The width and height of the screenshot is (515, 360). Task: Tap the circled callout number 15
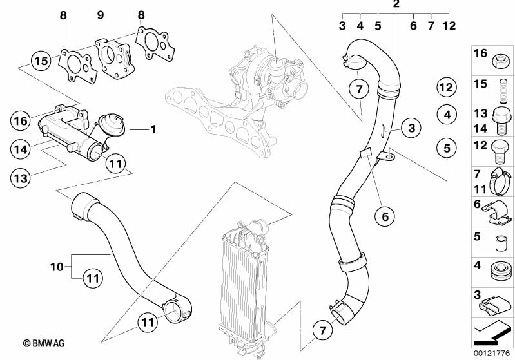pyautogui.click(x=41, y=61)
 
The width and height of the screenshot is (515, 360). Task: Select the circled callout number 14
pyautogui.click(x=20, y=149)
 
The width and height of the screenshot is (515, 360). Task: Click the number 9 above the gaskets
pyautogui.click(x=100, y=14)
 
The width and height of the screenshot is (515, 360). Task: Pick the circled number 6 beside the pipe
pyautogui.click(x=385, y=216)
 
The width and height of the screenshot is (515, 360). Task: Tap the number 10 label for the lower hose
pyautogui.click(x=57, y=265)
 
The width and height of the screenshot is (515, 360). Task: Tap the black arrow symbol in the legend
pyautogui.click(x=492, y=334)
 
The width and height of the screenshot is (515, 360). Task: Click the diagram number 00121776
pyautogui.click(x=492, y=353)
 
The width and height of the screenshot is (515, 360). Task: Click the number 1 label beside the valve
pyautogui.click(x=153, y=129)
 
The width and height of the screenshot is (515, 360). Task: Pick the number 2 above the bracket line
pyautogui.click(x=396, y=5)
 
